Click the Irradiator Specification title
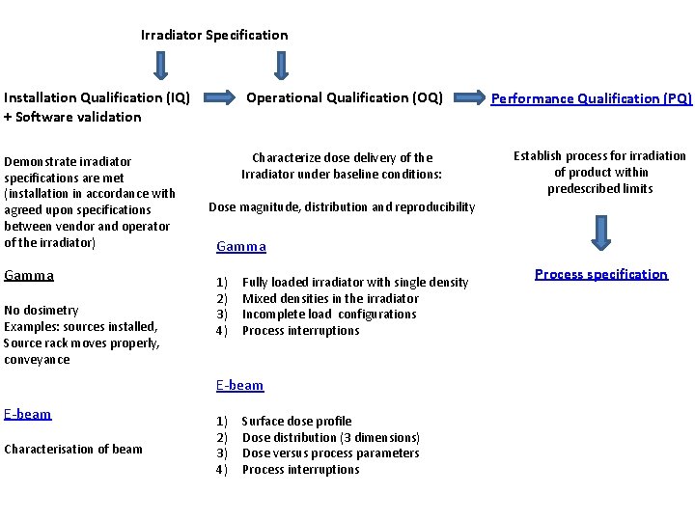[x=214, y=35]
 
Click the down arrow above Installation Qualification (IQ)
[x=161, y=65]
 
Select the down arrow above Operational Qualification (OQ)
[x=280, y=65]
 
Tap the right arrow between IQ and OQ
[x=219, y=97]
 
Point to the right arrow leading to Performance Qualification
[x=470, y=97]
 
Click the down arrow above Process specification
[x=601, y=231]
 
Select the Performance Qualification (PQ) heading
[x=592, y=98]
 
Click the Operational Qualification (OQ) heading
[x=345, y=97]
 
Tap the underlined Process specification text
[x=600, y=274]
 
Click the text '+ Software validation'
[x=72, y=117]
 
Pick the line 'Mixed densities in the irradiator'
[x=330, y=298]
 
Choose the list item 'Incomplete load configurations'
[x=329, y=315]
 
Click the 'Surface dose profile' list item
[x=296, y=421]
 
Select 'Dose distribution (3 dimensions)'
[x=330, y=437]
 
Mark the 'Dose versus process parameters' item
[x=330, y=453]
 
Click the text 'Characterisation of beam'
[x=73, y=449]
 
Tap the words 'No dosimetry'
[x=42, y=311]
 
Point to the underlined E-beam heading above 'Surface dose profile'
[x=239, y=385]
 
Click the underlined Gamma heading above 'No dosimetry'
[x=29, y=275]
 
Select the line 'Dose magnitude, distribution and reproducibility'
[x=342, y=206]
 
